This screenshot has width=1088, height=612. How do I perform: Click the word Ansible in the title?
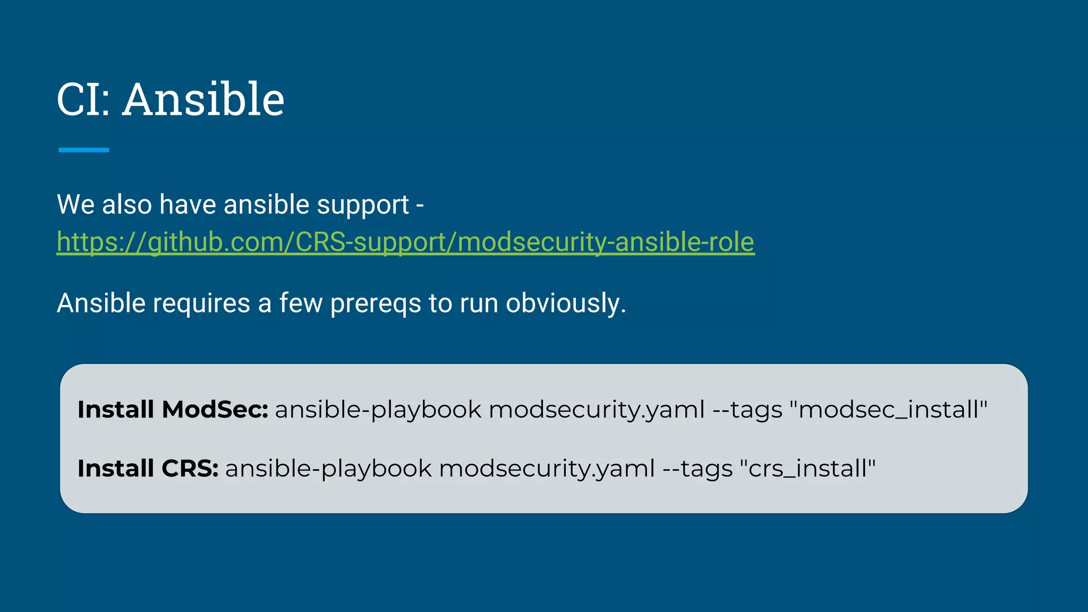coord(203,99)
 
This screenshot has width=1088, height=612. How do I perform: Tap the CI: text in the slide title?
coord(83,99)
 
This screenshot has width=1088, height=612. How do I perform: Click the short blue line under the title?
coord(83,150)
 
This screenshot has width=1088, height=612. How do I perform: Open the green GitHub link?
coord(405,242)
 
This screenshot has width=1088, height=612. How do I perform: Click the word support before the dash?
coord(363,205)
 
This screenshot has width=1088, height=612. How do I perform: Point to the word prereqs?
coord(375,304)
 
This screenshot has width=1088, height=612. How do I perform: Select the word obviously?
coord(565,304)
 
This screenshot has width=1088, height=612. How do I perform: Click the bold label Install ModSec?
coord(173,410)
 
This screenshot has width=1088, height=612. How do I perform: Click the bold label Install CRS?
coord(148,469)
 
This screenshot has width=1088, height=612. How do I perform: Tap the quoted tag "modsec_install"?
coord(888,410)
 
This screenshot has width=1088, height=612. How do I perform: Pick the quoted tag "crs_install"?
coord(807,469)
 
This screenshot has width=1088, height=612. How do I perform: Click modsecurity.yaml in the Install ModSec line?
coord(597,410)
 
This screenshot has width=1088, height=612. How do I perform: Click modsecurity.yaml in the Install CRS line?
coord(547,469)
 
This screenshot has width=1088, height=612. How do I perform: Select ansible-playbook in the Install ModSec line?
coord(378,410)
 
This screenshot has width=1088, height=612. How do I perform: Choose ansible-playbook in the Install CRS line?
coord(328,469)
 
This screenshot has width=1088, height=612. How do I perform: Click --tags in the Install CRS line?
coord(698,469)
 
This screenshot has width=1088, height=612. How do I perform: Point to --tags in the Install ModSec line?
coord(747,410)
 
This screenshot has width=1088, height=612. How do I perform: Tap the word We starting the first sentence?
coord(75,205)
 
